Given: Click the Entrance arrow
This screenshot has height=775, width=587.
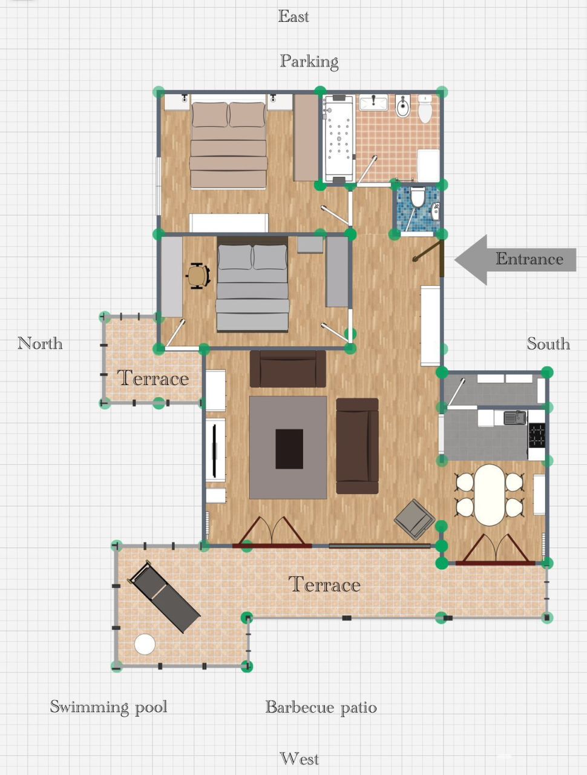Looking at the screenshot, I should [514, 259].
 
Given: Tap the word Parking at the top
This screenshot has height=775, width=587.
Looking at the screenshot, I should [309, 61].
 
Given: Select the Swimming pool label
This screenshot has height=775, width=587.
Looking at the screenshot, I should [108, 707].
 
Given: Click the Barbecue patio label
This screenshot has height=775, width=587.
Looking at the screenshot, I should [321, 707].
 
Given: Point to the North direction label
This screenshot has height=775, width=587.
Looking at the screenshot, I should [40, 343].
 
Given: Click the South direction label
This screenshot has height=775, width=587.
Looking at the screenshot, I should [548, 344].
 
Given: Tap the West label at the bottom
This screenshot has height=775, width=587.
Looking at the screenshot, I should [299, 759].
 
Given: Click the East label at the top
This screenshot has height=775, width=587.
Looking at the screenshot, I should [293, 16].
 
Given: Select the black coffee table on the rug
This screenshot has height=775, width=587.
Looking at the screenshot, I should [289, 449].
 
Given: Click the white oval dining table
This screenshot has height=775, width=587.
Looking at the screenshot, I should [490, 495].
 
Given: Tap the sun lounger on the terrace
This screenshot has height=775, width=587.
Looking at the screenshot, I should [164, 596].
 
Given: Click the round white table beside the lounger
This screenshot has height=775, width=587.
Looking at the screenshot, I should [145, 644].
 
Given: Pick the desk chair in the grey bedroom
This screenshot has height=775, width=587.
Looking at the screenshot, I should [197, 276].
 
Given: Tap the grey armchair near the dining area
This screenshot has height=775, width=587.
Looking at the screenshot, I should [415, 519].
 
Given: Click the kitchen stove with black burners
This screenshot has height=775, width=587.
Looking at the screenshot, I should [536, 434].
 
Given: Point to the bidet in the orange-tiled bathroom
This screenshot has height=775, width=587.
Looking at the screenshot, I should [403, 107].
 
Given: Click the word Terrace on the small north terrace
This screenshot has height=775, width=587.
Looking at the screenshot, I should [152, 378].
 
